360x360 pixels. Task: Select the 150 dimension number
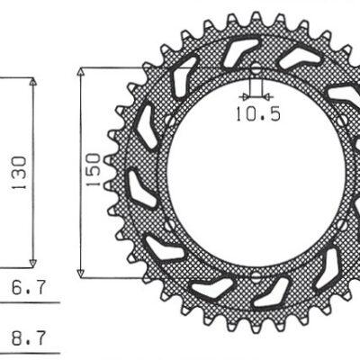tap(93, 168)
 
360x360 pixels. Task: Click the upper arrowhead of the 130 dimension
tap(34, 83)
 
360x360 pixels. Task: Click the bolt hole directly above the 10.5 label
tap(255, 68)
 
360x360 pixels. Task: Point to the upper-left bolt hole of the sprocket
tap(168, 121)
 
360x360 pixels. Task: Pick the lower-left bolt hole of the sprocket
tap(168, 224)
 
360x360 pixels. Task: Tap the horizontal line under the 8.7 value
tap(27, 354)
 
